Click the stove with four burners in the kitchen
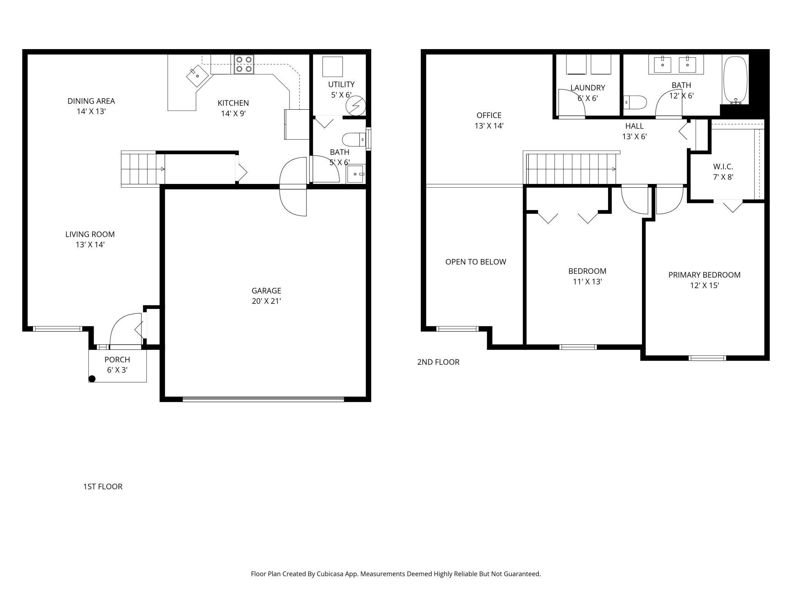click(x=244, y=64)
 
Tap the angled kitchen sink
click(x=197, y=76)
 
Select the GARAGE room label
click(x=266, y=291)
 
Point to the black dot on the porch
click(x=92, y=378)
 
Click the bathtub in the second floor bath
click(x=735, y=80)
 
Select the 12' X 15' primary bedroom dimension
click(x=704, y=286)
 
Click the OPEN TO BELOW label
click(x=476, y=262)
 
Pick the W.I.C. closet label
click(x=723, y=167)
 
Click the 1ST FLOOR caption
click(x=103, y=487)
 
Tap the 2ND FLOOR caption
click(x=438, y=362)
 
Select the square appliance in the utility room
click(x=332, y=67)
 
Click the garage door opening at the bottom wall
click(x=263, y=399)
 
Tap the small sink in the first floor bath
click(x=356, y=174)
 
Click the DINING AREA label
click(x=91, y=101)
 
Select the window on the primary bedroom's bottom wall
click(x=707, y=358)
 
